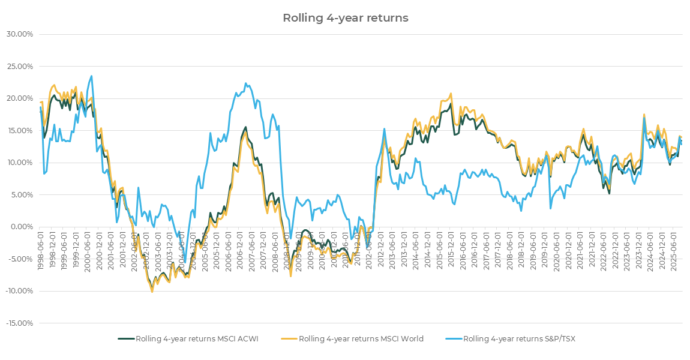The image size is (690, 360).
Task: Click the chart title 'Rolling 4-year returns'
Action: tap(345, 18)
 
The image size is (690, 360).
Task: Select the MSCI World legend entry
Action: tap(361, 339)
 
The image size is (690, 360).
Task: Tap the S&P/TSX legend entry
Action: tap(519, 339)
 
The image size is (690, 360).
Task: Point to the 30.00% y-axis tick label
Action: tap(19, 34)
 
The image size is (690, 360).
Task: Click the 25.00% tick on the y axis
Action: tap(19, 66)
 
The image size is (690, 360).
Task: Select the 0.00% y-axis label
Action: tap(21, 227)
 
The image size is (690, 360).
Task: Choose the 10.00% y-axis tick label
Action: tap(19, 163)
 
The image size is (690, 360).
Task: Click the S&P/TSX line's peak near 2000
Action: tap(91, 76)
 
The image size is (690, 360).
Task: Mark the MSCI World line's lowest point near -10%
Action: tap(152, 292)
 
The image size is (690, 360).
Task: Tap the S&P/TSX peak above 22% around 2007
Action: tap(246, 83)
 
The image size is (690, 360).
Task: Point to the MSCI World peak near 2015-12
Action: tap(451, 94)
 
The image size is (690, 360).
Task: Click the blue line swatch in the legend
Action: tap(454, 339)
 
